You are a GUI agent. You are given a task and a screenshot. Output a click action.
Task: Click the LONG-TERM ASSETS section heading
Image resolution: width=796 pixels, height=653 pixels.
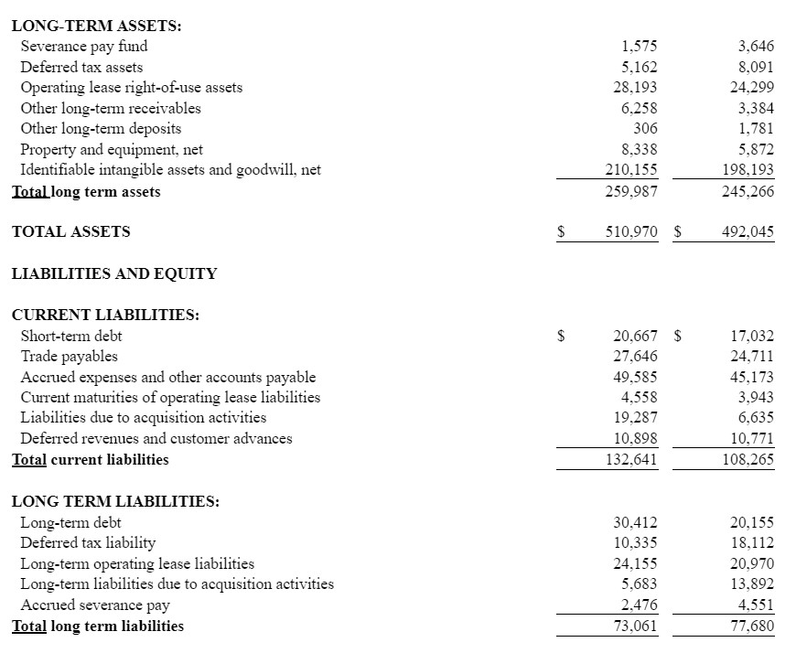[x=96, y=25]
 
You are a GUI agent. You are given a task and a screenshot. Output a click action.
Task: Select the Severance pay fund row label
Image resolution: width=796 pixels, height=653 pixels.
[x=83, y=46]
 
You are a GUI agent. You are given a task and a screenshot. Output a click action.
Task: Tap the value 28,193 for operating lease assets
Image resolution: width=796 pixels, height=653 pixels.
[x=634, y=88]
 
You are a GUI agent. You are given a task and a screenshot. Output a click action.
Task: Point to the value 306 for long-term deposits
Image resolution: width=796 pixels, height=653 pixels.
[x=645, y=129]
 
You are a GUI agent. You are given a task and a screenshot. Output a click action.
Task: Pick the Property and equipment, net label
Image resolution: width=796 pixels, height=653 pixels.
[x=112, y=149]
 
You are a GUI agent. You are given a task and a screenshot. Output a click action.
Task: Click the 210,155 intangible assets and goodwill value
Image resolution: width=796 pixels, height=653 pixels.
[x=631, y=169]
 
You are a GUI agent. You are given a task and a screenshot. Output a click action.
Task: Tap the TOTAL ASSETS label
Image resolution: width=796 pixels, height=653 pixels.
[x=71, y=231]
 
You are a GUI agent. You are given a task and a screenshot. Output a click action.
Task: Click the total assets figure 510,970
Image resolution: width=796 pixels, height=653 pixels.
[x=631, y=231]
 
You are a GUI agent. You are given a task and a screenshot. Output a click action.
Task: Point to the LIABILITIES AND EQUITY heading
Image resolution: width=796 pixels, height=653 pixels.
[x=114, y=273]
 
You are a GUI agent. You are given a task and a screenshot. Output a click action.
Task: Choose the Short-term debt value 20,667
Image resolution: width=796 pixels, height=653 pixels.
[x=634, y=336]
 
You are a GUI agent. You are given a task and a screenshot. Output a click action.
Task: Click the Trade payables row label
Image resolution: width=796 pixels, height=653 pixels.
[x=69, y=356]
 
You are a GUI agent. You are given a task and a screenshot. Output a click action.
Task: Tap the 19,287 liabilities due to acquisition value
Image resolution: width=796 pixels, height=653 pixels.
[x=634, y=417]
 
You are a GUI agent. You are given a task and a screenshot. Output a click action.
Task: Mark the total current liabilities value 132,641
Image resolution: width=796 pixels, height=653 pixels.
[x=631, y=459]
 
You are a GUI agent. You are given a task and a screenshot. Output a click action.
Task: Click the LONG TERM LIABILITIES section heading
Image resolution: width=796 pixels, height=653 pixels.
[x=115, y=501]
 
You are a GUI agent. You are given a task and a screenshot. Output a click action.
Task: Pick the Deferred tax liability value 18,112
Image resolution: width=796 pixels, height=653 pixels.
[x=752, y=543]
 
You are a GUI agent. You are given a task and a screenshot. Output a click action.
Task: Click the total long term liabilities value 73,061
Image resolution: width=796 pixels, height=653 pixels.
[x=634, y=626]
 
